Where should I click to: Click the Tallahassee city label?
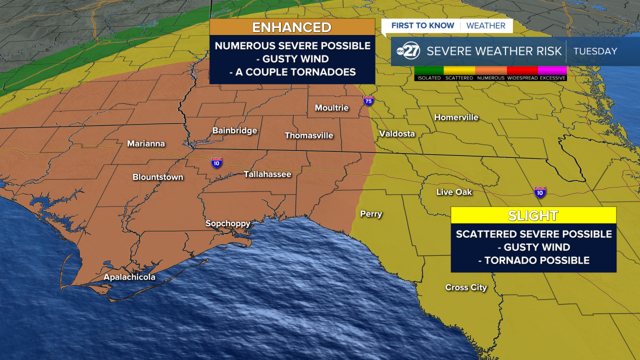(267, 174)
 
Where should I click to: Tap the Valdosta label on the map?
(397, 133)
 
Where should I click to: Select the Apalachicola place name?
(129, 277)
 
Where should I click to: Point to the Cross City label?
(466, 287)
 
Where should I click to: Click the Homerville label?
(456, 117)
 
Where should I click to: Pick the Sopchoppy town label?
(228, 223)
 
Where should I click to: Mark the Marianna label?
(146, 143)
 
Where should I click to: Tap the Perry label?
(371, 214)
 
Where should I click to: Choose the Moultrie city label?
(331, 108)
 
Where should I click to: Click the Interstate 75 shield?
(369, 101)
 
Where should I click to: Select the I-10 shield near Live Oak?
(539, 192)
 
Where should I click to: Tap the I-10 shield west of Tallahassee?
(216, 162)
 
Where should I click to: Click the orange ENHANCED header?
(292, 27)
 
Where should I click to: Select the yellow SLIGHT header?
(533, 215)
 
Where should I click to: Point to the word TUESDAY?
(595, 51)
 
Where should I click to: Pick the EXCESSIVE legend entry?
(552, 78)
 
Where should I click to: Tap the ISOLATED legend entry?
(429, 78)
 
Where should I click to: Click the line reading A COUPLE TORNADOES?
(292, 72)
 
